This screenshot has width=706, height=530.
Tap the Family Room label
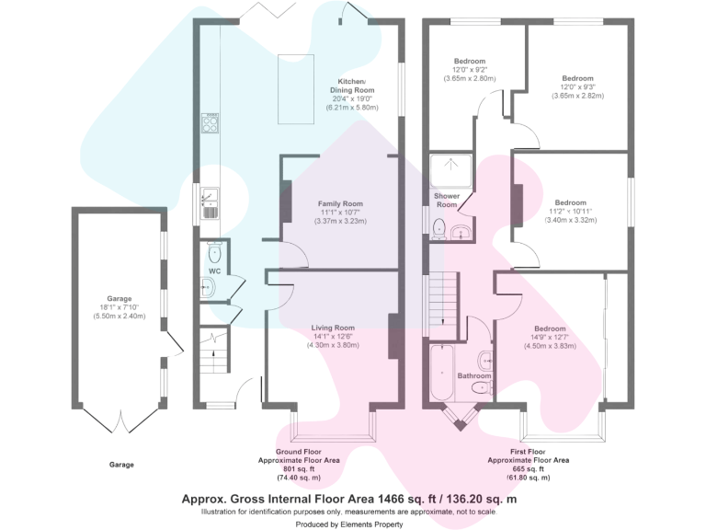(x=340, y=203)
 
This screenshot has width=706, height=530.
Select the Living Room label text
(x=333, y=328)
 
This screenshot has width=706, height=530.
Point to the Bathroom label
(x=474, y=375)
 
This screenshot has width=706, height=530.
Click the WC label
(x=214, y=271)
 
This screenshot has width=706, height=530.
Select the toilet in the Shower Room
(x=438, y=227)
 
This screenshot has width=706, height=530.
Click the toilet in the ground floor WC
(x=214, y=251)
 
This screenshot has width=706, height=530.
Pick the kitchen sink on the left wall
(x=210, y=201)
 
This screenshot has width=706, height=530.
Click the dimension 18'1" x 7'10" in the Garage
(x=120, y=308)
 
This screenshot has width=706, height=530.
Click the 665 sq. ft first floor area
(x=528, y=468)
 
